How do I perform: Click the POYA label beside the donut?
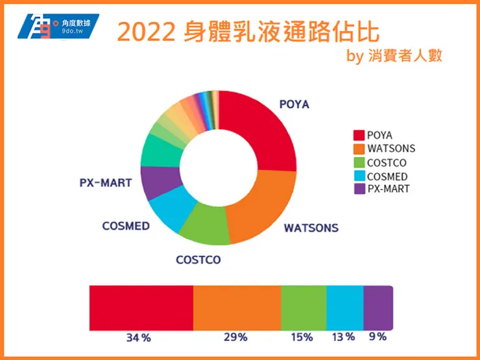(x=294, y=104)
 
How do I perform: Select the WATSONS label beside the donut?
(x=311, y=228)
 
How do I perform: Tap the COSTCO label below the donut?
(x=198, y=260)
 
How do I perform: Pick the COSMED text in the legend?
(x=387, y=176)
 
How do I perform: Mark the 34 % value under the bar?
(x=138, y=337)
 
